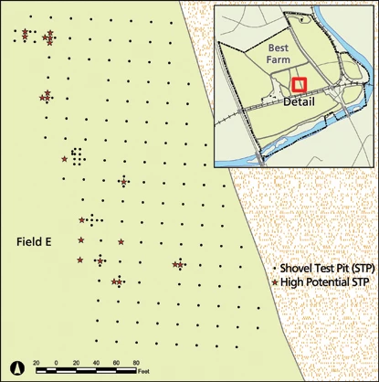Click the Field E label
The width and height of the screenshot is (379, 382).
point(36,241)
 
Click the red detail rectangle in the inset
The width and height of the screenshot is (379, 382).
point(298,85)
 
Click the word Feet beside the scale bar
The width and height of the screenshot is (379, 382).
point(143,371)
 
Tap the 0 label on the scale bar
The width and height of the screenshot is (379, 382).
point(57,363)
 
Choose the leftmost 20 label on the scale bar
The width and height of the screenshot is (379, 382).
point(37,363)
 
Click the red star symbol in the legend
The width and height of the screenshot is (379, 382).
point(276,284)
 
